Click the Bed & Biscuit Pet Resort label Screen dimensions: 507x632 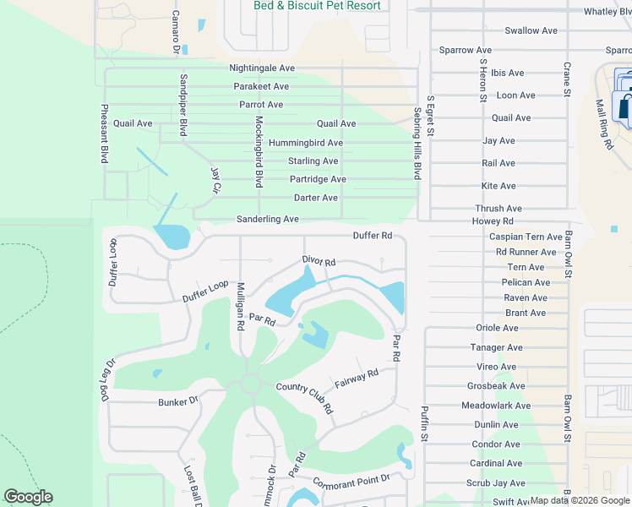[317, 6]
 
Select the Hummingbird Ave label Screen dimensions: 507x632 [305, 143]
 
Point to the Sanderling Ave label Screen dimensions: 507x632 [268, 219]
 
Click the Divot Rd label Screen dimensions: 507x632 [319, 262]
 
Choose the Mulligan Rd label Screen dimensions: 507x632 [241, 305]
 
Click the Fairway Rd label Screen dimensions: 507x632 [356, 377]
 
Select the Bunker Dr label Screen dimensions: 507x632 [177, 402]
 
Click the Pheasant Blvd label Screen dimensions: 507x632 [105, 134]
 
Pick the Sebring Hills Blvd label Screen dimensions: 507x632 [417, 143]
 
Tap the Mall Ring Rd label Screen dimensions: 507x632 [603, 124]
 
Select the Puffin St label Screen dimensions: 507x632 [426, 425]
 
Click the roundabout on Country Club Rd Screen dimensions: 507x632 [251, 384]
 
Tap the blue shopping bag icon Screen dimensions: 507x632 [625, 107]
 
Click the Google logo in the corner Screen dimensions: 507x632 [28, 497]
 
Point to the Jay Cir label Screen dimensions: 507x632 [215, 179]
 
